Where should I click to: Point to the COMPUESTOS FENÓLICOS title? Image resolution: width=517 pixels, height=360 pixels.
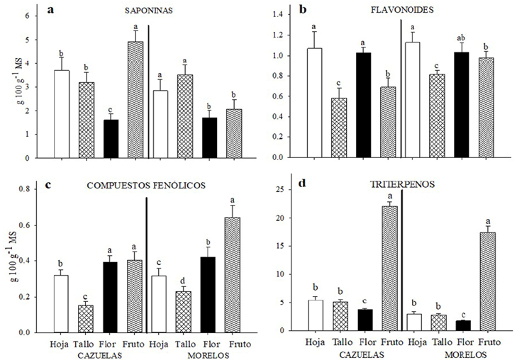click(146, 185)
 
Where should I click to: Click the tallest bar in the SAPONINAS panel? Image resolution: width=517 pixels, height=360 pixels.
click(135, 99)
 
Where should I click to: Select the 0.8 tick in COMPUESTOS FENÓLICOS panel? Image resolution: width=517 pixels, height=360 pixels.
click(31, 189)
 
